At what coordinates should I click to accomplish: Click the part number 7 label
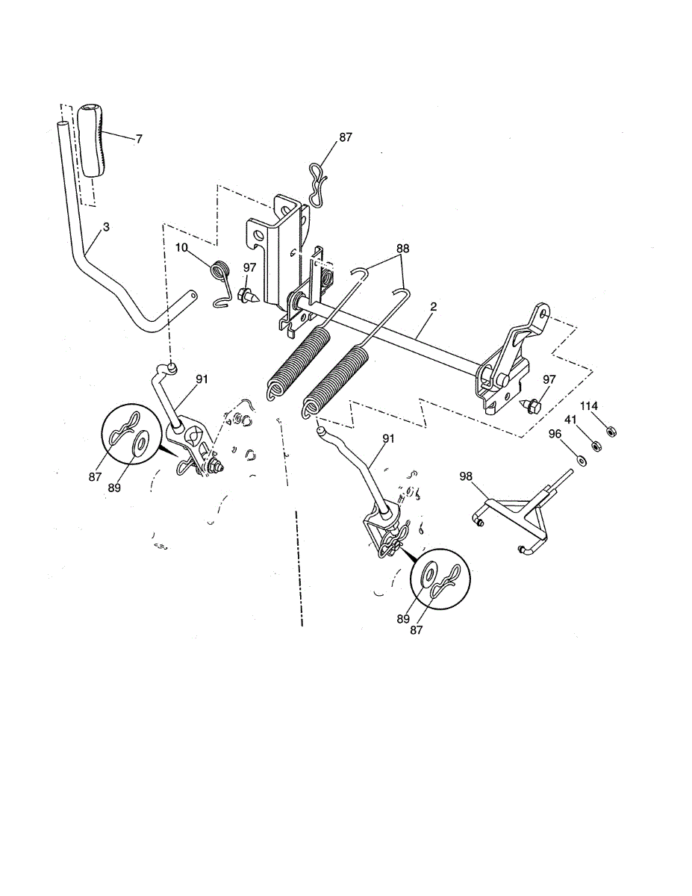tap(139, 139)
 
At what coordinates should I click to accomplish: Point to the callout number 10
tap(182, 247)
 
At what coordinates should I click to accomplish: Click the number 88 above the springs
tap(402, 248)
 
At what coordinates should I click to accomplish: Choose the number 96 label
tap(555, 434)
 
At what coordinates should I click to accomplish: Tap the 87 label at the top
tap(345, 137)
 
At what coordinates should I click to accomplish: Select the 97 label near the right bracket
tap(549, 380)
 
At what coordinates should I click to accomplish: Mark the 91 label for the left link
tap(202, 379)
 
